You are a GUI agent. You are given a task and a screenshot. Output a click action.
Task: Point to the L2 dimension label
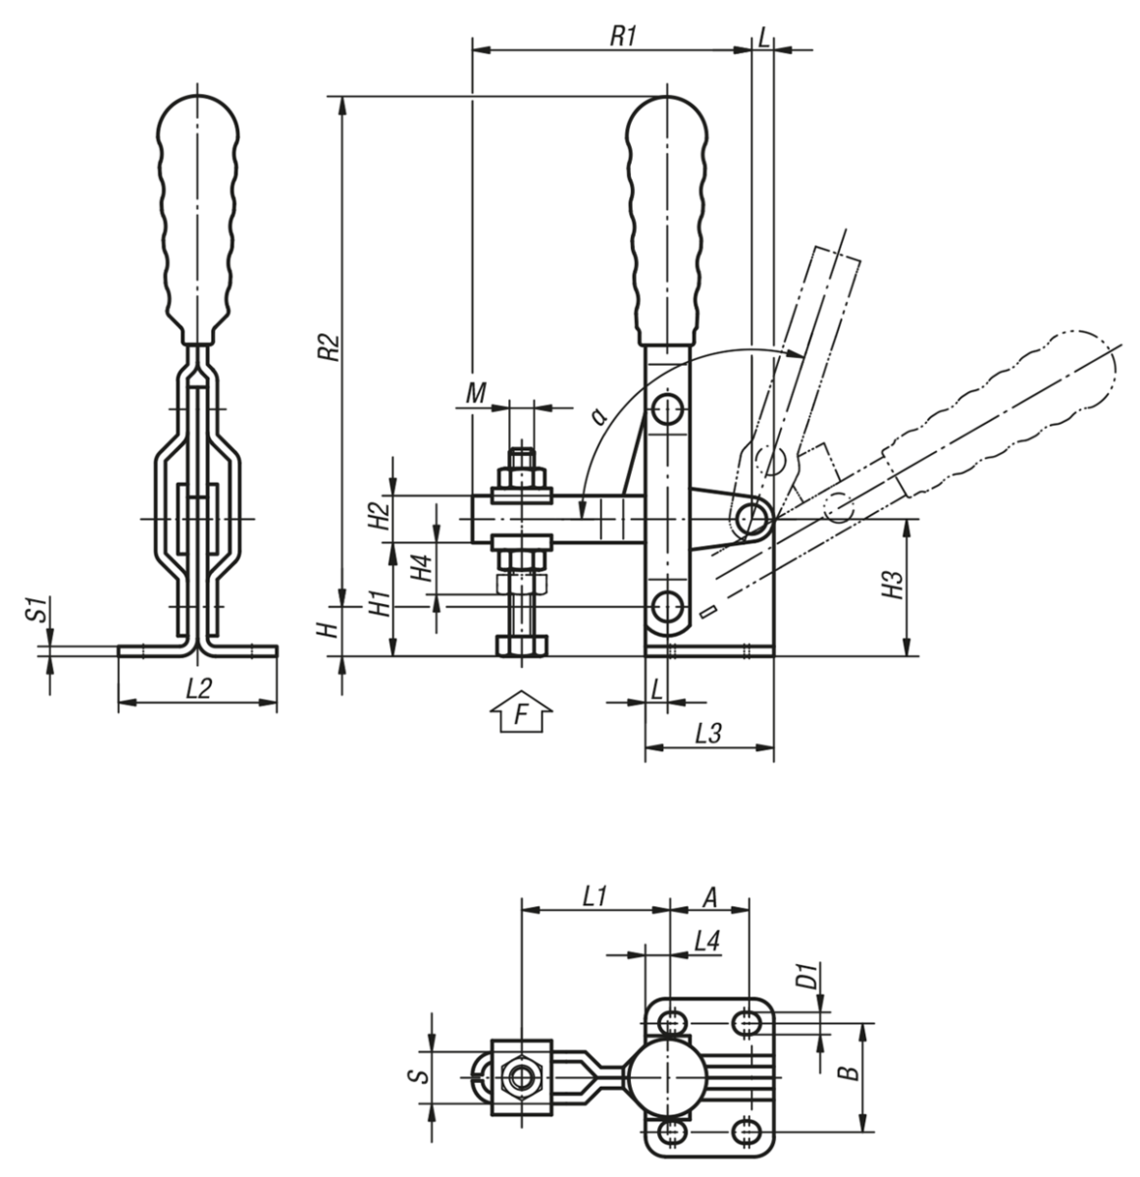coord(199,689)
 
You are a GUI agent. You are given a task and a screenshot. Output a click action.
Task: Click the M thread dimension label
coord(476,393)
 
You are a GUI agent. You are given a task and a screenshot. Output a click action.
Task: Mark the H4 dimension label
coord(421,569)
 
